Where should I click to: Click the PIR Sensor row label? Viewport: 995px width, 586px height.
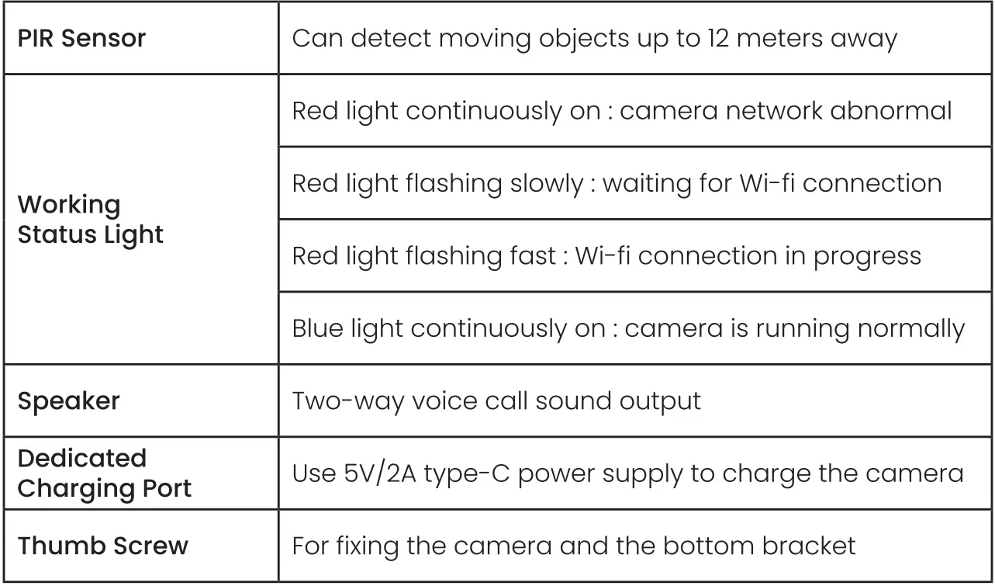click(81, 38)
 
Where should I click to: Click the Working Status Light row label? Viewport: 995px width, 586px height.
click(90, 220)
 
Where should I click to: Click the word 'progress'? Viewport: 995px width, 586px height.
click(867, 256)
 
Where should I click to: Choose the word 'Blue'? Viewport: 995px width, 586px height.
click(318, 329)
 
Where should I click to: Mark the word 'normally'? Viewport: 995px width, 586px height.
click(910, 329)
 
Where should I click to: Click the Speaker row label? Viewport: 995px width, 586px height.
click(68, 401)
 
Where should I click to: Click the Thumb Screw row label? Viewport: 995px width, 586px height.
click(102, 546)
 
